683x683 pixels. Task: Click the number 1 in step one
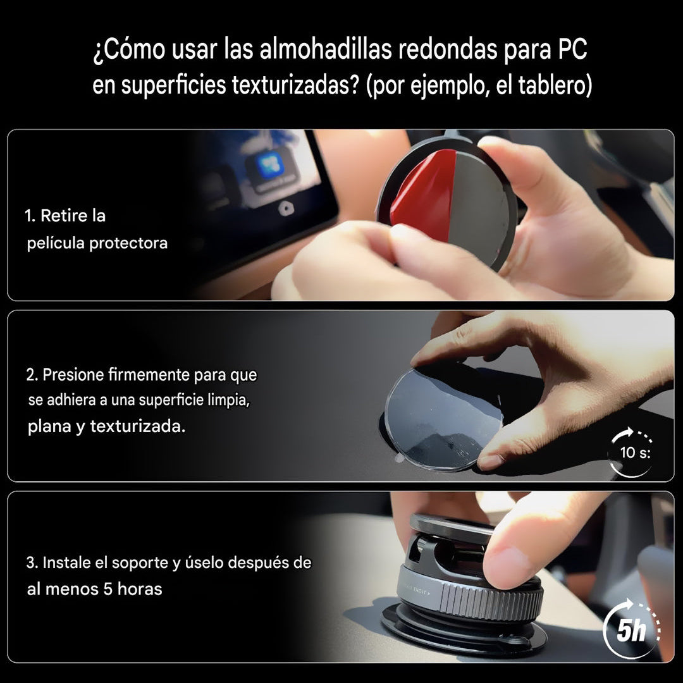pyautogui.click(x=29, y=216)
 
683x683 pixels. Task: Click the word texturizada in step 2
pyautogui.click(x=137, y=426)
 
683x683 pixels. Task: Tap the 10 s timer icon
pyautogui.click(x=631, y=452)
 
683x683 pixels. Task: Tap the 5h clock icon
pyautogui.click(x=631, y=629)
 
